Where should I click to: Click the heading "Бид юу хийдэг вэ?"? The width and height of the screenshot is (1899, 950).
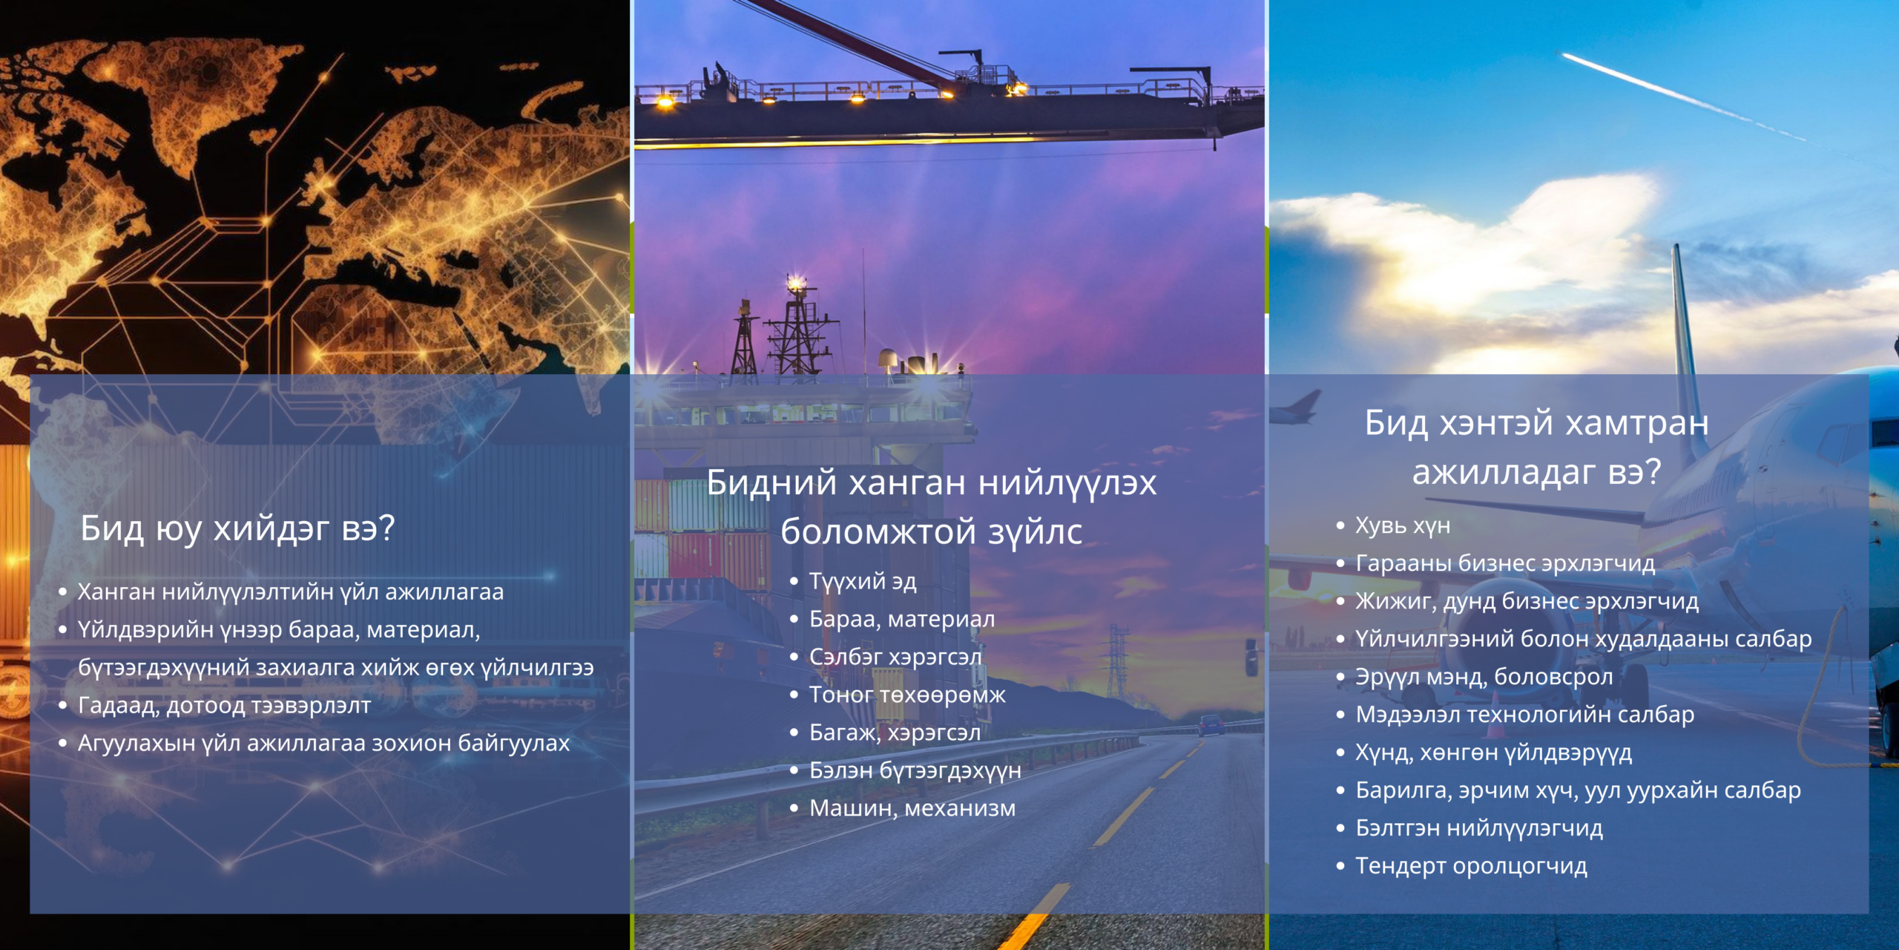(237, 529)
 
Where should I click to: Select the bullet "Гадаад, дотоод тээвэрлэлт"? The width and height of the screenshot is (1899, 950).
(224, 705)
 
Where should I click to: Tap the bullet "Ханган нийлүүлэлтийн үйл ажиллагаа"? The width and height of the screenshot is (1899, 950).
(291, 592)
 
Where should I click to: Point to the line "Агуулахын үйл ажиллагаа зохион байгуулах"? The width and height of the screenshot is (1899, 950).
(323, 743)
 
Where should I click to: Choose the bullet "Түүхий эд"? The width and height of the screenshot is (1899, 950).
(863, 581)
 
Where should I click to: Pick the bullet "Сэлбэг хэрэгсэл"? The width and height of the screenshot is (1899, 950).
(895, 657)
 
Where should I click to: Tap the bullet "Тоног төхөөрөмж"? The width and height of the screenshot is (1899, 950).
(907, 695)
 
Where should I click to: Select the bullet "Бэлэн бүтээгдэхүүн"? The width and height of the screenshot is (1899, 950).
(915, 770)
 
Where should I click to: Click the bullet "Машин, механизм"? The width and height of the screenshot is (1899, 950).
(912, 808)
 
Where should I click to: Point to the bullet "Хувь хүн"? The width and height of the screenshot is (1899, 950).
(1403, 525)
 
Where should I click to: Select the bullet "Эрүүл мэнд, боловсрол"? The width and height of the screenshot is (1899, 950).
(1484, 677)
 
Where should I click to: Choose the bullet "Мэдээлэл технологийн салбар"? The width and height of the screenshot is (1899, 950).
(1525, 715)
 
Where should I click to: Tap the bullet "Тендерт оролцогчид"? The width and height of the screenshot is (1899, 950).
(1472, 866)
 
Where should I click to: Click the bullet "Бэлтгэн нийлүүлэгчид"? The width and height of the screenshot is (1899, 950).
(1479, 828)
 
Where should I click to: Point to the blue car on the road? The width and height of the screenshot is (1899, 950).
(1211, 724)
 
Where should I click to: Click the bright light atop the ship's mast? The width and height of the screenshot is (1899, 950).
(796, 282)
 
